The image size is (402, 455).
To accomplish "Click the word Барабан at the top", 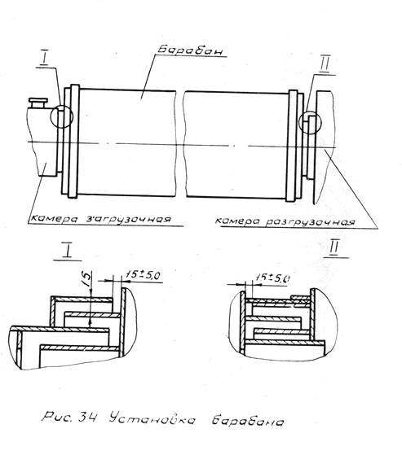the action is click(x=191, y=50).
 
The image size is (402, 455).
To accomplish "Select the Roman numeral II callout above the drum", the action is click(x=325, y=64).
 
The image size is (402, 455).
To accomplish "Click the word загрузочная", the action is click(x=128, y=218).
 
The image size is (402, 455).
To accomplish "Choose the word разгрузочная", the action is click(x=310, y=222).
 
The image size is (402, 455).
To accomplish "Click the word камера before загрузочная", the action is click(x=54, y=218).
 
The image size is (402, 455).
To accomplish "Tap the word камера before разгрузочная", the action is click(x=238, y=221).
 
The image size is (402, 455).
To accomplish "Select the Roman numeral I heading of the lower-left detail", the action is click(x=68, y=251).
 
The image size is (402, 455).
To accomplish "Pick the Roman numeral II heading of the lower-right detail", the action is click(x=334, y=248).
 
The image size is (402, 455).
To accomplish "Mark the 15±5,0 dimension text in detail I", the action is click(x=143, y=275).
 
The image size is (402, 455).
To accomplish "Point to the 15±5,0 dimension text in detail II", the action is click(x=272, y=278).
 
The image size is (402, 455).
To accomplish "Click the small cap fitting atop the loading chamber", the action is click(x=38, y=103).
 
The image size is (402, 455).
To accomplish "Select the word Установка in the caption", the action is click(x=152, y=418).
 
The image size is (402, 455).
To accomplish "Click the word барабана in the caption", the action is click(x=247, y=421).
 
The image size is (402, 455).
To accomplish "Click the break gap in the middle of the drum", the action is click(x=180, y=143).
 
